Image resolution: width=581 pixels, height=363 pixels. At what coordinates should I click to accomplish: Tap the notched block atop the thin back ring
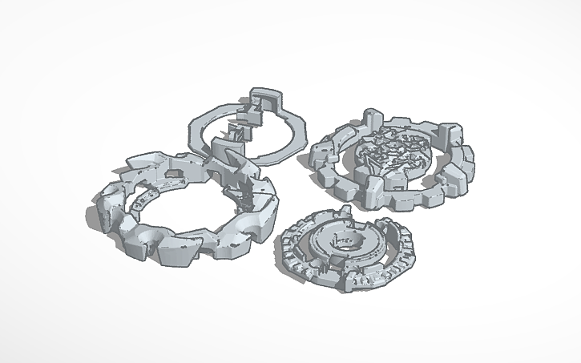(268, 103)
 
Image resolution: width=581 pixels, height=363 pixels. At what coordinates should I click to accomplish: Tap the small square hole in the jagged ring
(171, 173)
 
